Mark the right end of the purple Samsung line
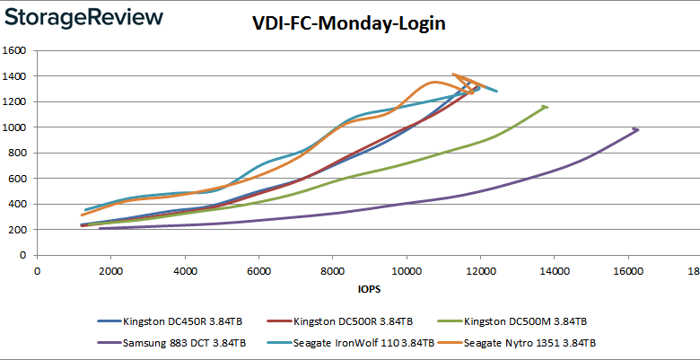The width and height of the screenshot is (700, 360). click(636, 129)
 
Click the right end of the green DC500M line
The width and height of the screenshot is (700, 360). click(546, 107)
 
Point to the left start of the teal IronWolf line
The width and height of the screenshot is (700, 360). click(84, 210)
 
